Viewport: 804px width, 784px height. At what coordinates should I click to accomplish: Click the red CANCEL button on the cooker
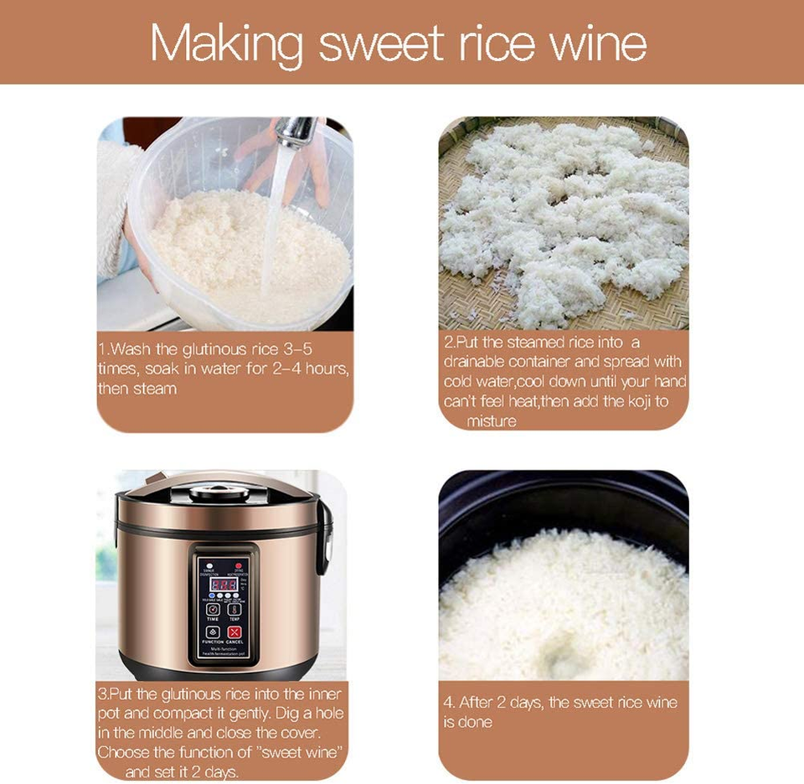tap(234, 632)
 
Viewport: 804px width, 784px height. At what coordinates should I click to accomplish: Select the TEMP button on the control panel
tap(234, 609)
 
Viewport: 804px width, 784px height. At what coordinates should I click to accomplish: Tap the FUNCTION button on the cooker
tap(213, 632)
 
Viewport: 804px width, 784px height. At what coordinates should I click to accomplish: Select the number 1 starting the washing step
tap(102, 349)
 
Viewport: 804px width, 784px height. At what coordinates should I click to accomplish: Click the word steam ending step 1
tap(156, 389)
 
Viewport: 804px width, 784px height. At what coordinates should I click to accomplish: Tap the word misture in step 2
tap(491, 420)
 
